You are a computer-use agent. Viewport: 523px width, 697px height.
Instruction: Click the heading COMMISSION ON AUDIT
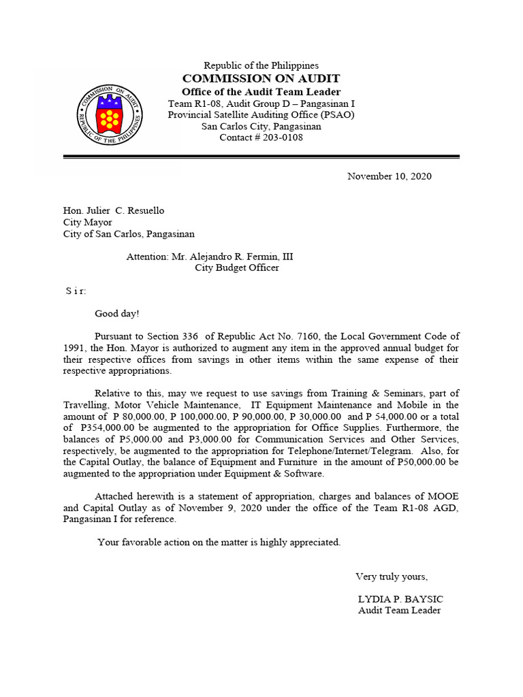pyautogui.click(x=261, y=78)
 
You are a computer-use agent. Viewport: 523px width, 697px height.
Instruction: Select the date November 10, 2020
pyautogui.click(x=389, y=176)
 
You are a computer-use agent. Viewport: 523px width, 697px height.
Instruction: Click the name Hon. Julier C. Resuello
pyautogui.click(x=114, y=210)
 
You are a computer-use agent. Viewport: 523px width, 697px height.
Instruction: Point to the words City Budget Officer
pyautogui.click(x=237, y=268)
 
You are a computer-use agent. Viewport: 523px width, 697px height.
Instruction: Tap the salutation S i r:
pyautogui.click(x=76, y=291)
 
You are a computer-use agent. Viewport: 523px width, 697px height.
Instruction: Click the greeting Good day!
pyautogui.click(x=116, y=314)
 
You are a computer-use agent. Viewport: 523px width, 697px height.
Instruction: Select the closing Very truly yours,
pyautogui.click(x=392, y=577)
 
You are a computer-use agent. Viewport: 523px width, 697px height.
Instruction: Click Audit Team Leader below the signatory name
pyautogui.click(x=399, y=611)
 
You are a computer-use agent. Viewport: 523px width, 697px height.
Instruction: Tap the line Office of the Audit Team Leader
pyautogui.click(x=261, y=92)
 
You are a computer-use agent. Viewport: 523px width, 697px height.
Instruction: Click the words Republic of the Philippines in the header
pyautogui.click(x=261, y=65)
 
